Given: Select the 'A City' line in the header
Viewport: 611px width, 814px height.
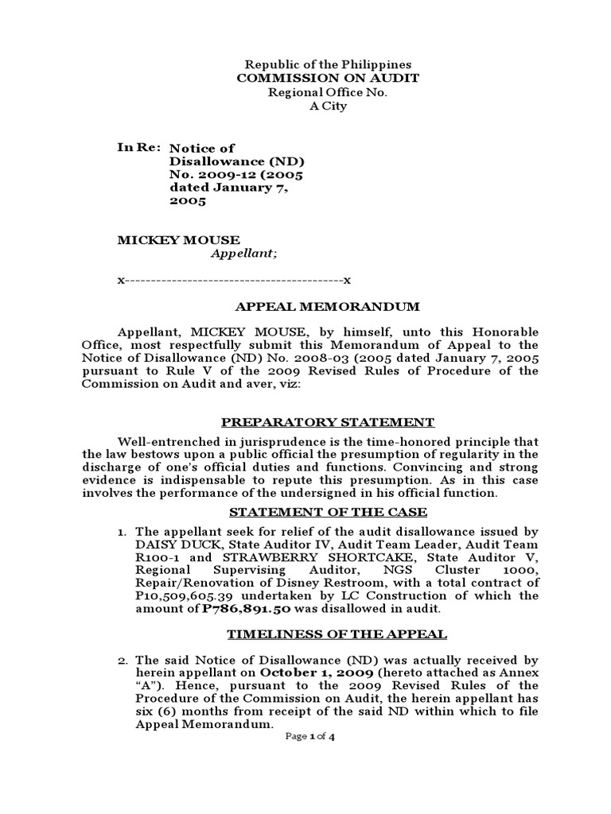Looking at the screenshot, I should [328, 107].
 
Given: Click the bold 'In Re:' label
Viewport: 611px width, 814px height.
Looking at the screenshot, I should [139, 148].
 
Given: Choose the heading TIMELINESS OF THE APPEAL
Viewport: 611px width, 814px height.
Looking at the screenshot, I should [337, 634].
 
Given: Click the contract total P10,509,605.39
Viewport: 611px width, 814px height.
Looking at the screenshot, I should [189, 595].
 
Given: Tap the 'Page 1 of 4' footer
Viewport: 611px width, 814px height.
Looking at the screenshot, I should [310, 737].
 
